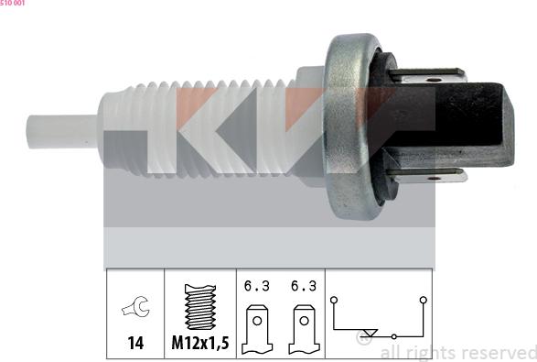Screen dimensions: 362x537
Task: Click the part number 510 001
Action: pos(13,4)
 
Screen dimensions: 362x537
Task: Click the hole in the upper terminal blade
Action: pos(427,80)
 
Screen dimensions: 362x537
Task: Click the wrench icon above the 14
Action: pos(134,310)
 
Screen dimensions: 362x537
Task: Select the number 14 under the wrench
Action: pos(134,345)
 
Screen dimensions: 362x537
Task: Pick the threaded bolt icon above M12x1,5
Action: pos(199,308)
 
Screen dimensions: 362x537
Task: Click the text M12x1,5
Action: pos(199,345)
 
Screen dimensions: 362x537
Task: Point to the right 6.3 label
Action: pos(304,286)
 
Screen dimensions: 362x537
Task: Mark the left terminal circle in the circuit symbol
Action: pos(336,299)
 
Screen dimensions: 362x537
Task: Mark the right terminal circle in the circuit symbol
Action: pos(423,299)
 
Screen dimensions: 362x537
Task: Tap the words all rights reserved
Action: pos(457,353)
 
